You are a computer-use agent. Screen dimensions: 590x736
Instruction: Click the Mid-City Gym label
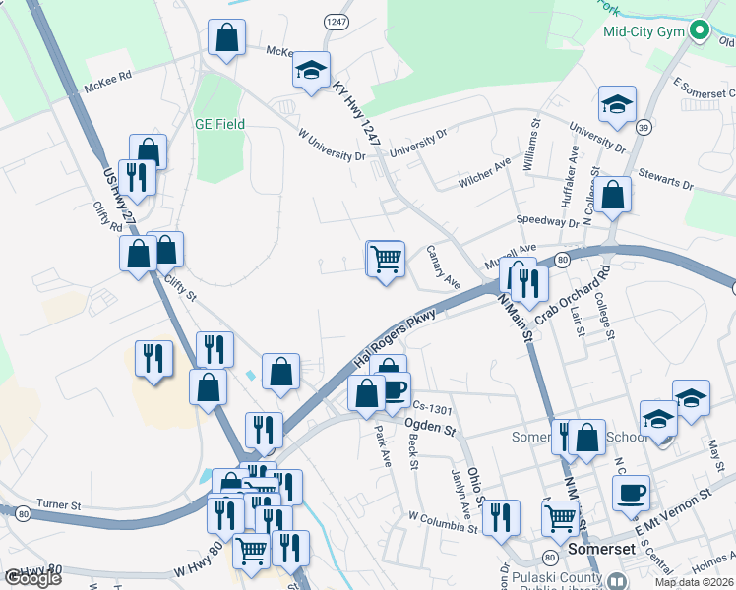point(644,31)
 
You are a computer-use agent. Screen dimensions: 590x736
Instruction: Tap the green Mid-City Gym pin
point(700,30)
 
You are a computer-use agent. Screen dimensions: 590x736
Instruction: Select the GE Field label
point(219,125)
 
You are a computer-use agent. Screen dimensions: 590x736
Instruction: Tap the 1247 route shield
point(336,21)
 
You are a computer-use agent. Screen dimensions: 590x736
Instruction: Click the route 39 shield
point(644,127)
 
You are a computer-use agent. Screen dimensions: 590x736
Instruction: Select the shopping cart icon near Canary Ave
point(386,259)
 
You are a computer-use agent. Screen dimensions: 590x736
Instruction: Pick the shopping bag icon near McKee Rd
point(226,38)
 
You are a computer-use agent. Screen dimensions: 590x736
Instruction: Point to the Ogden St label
point(431,426)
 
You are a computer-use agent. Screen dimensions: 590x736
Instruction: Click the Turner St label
point(58,504)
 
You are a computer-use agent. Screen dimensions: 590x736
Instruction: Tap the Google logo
point(33,578)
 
